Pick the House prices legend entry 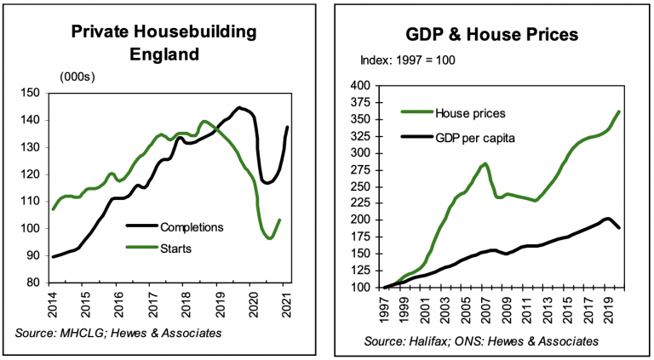[467, 113]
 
